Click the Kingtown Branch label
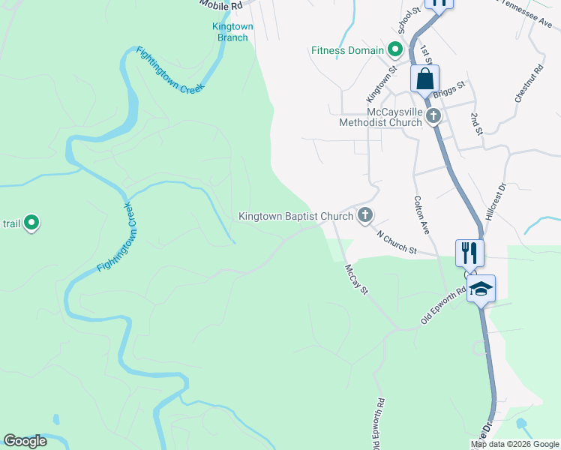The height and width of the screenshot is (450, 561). click(x=232, y=31)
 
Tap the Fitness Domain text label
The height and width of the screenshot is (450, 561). click(x=348, y=51)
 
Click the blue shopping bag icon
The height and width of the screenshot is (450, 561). click(x=424, y=78)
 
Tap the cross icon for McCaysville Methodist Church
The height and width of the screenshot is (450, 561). click(x=433, y=115)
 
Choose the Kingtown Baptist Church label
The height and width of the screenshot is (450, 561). click(x=295, y=216)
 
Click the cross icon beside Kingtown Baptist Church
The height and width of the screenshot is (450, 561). click(x=365, y=216)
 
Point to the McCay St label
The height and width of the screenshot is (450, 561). click(x=358, y=279)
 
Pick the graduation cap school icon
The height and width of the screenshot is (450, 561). click(x=481, y=289)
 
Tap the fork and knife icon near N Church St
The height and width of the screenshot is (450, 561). click(x=470, y=252)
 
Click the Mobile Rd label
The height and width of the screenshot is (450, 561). click(x=222, y=4)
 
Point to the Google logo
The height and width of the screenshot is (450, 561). click(x=25, y=441)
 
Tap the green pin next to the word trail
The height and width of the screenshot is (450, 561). click(x=31, y=223)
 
